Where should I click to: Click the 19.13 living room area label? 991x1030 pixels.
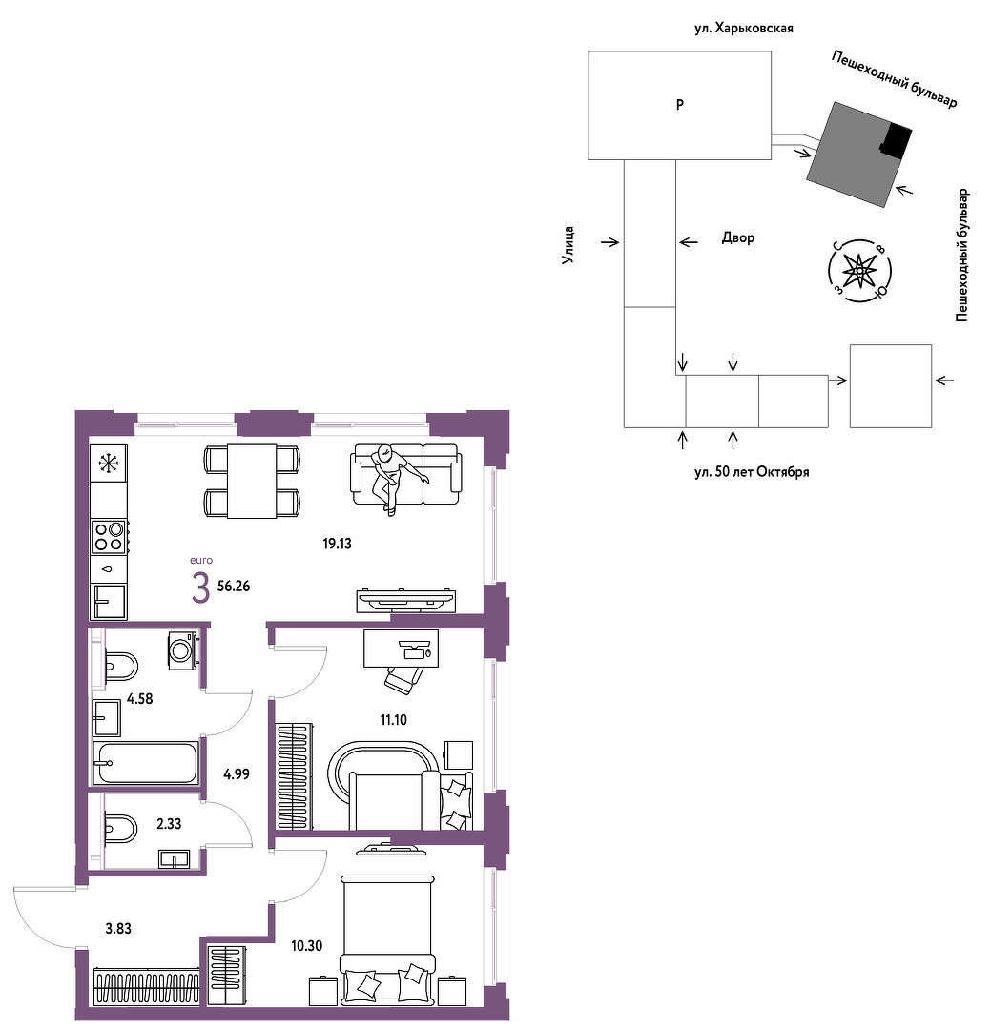pyautogui.click(x=337, y=544)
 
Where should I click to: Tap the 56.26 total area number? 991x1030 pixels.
pyautogui.click(x=234, y=586)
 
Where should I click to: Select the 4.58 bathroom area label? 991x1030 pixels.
pyautogui.click(x=140, y=699)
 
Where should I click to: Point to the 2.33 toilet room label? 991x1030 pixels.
pyautogui.click(x=169, y=824)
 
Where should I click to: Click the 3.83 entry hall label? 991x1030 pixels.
pyautogui.click(x=118, y=928)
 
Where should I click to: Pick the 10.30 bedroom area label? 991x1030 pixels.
pyautogui.click(x=307, y=946)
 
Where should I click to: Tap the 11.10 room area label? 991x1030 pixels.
pyautogui.click(x=394, y=720)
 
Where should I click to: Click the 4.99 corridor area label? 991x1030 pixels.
pyautogui.click(x=237, y=774)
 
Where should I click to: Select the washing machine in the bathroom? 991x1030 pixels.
pyautogui.click(x=183, y=650)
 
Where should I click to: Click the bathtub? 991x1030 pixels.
pyautogui.click(x=146, y=763)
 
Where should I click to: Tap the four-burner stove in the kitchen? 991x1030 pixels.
pyautogui.click(x=109, y=536)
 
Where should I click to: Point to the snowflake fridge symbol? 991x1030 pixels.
pyautogui.click(x=109, y=463)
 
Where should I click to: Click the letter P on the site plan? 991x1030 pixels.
pyautogui.click(x=680, y=105)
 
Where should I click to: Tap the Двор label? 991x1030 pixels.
pyautogui.click(x=738, y=237)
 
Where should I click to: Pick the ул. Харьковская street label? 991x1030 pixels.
pyautogui.click(x=744, y=29)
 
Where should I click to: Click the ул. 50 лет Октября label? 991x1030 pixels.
pyautogui.click(x=752, y=472)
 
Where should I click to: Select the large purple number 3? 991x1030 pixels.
pyautogui.click(x=200, y=587)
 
